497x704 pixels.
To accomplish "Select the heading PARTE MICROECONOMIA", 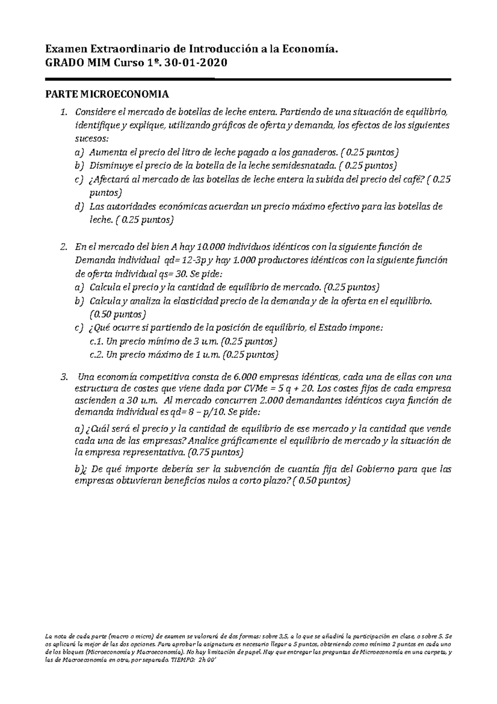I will pos(107,95).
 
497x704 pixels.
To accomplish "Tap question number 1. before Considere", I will pos(63,112).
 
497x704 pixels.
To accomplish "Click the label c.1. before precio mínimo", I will pos(97,342).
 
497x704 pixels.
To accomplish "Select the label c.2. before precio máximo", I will pos(97,355).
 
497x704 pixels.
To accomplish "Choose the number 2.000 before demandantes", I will pos(272,401).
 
